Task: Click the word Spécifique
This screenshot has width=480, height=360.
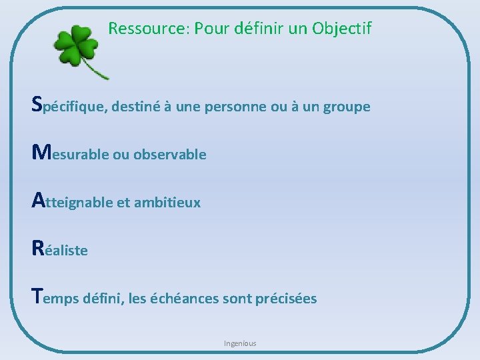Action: click(x=69, y=105)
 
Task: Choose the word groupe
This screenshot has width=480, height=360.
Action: click(x=346, y=107)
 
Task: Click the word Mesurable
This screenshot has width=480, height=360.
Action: click(x=70, y=154)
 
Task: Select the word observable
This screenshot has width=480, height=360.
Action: click(x=169, y=155)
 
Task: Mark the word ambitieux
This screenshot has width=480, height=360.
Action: click(x=167, y=202)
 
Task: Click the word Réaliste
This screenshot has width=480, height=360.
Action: click(x=59, y=250)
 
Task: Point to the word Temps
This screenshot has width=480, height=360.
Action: click(x=56, y=298)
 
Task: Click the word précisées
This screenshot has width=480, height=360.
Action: click(x=286, y=298)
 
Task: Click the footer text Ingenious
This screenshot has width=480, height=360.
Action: click(x=240, y=343)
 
